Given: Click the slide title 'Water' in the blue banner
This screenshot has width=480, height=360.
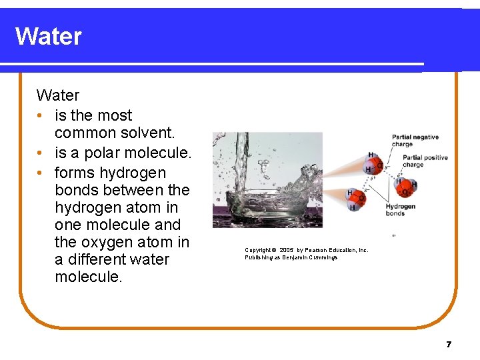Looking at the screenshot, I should pyautogui.click(x=48, y=36).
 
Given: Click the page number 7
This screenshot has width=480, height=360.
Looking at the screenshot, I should pyautogui.click(x=449, y=345).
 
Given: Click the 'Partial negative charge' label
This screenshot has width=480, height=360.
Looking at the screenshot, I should pyautogui.click(x=415, y=141).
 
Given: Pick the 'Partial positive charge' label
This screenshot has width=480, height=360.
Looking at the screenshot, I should pyautogui.click(x=425, y=161).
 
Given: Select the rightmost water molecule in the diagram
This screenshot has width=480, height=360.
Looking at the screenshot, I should pyautogui.click(x=405, y=187).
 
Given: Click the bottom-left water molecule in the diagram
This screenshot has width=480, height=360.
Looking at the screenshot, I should pyautogui.click(x=355, y=198).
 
